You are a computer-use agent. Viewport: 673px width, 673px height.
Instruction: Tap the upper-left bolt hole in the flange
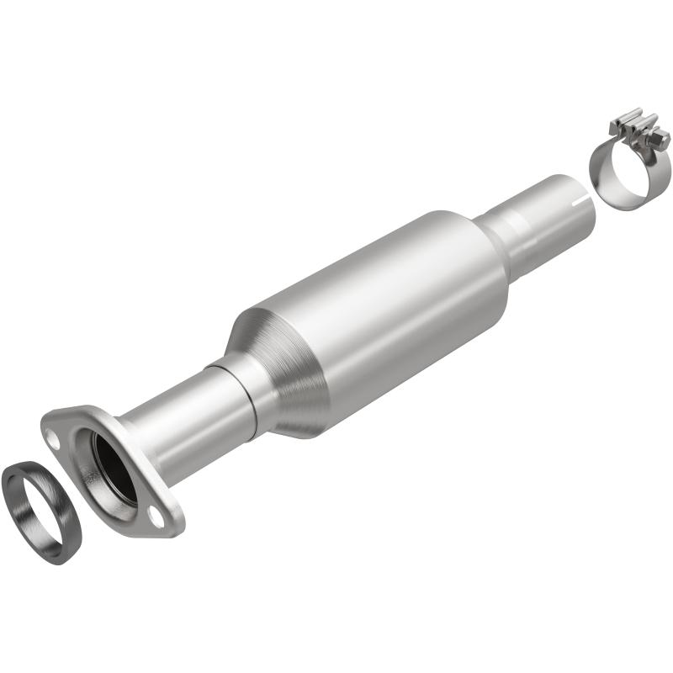[x=52, y=437]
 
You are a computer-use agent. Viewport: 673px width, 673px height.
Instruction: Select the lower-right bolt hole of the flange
[x=156, y=513]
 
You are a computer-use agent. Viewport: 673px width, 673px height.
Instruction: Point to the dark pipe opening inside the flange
[x=114, y=468]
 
